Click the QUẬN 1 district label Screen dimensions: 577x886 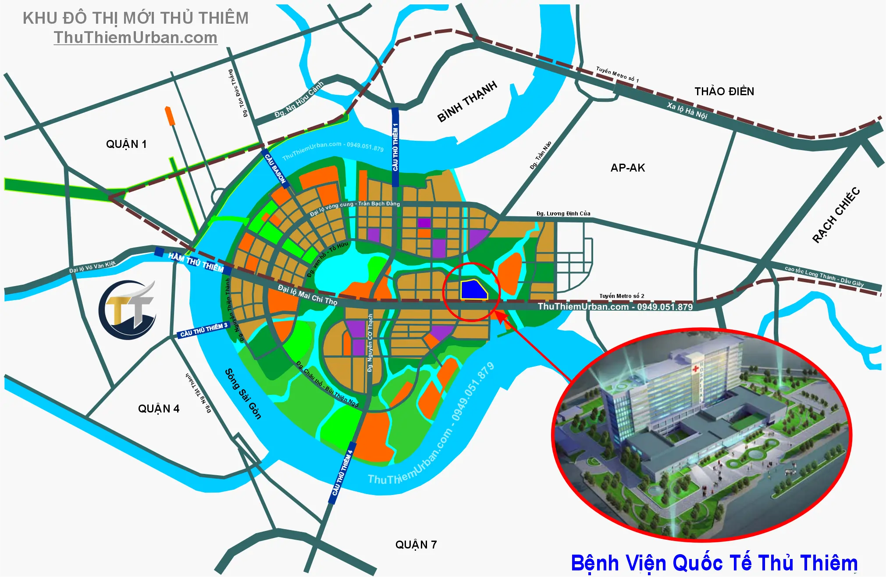click(x=126, y=144)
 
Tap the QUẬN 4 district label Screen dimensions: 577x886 click(x=159, y=409)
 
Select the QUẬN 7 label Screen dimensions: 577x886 click(x=416, y=545)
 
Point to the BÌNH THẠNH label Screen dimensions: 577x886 click(x=467, y=101)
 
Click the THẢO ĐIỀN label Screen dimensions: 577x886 click(x=724, y=91)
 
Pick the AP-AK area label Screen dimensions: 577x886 click(x=628, y=168)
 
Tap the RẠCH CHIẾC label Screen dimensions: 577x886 click(x=836, y=215)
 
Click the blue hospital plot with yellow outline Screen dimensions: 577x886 click(x=473, y=290)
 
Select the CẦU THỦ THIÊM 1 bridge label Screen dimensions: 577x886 click(x=395, y=147)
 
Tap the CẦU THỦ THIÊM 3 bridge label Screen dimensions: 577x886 click(x=204, y=330)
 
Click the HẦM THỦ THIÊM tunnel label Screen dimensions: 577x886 click(x=196, y=262)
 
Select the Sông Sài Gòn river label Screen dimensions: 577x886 click(x=243, y=394)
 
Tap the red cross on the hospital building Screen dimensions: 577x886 click(x=695, y=369)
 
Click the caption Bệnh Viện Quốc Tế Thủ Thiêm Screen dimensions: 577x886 click(x=714, y=563)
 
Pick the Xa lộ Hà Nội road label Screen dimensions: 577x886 click(x=687, y=111)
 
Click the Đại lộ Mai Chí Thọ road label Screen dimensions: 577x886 click(x=308, y=295)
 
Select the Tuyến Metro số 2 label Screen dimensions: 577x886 click(x=622, y=296)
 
